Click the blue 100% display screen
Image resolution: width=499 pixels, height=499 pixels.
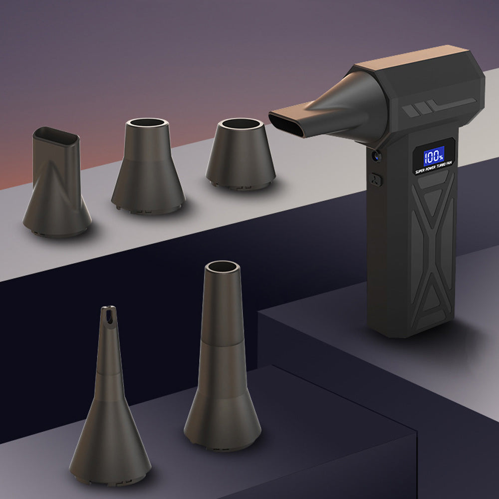point(434,156)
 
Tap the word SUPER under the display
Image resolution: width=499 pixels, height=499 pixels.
point(420,171)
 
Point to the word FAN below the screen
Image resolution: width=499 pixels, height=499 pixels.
point(449,163)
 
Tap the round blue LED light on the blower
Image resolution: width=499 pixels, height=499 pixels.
point(376,156)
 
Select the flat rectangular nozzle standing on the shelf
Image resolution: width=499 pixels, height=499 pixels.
point(57,182)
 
